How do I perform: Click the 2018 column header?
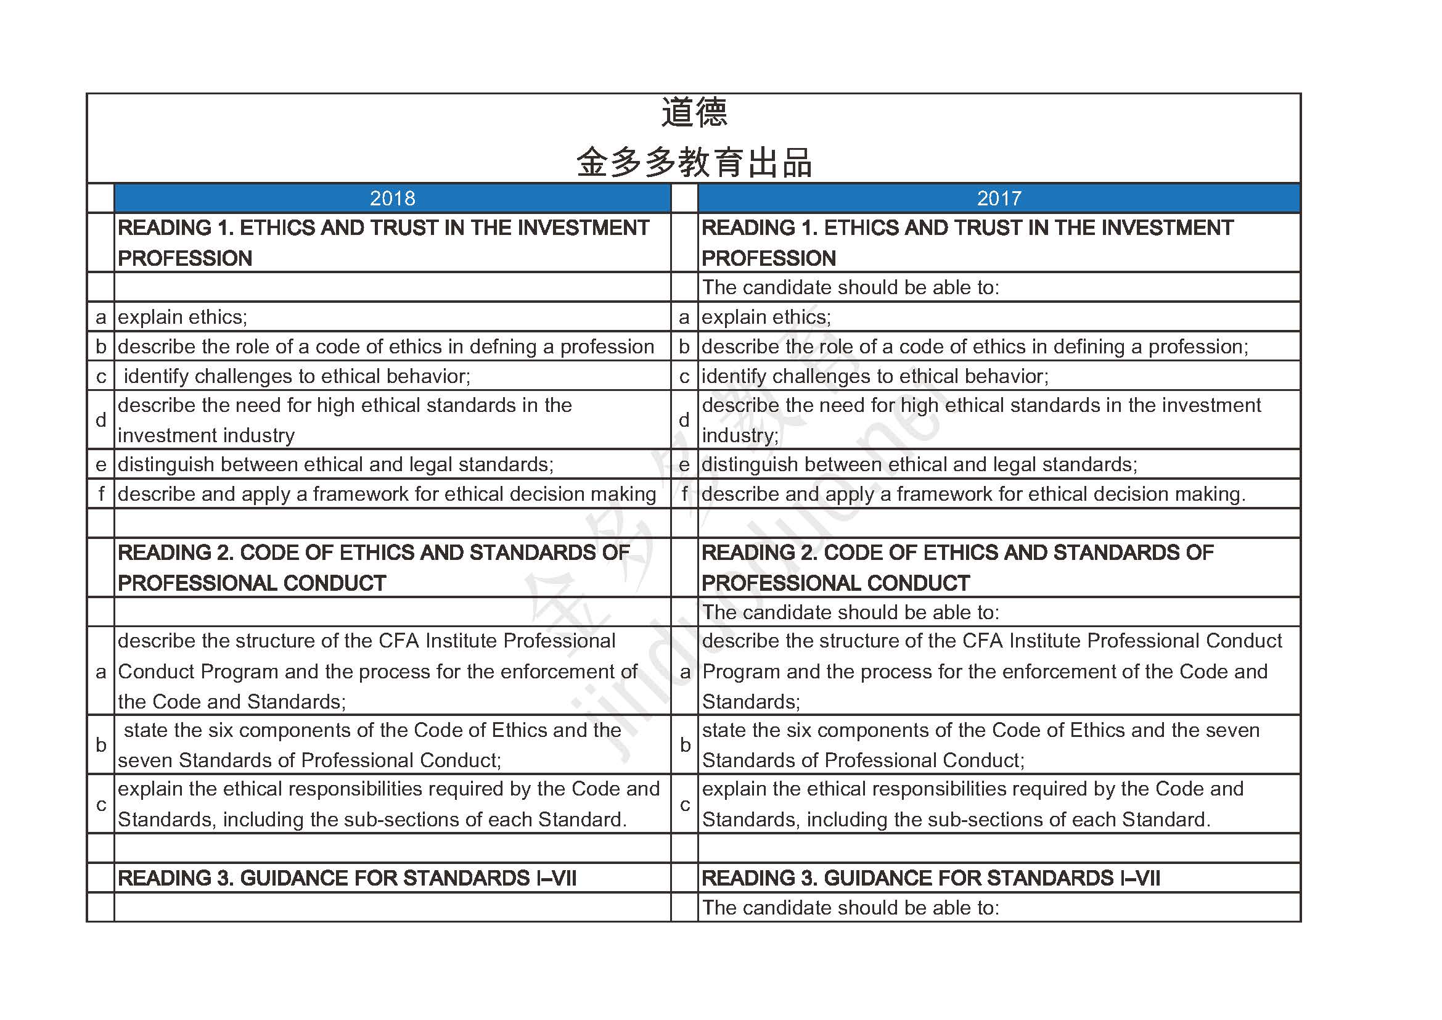click(x=393, y=199)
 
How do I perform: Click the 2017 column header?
click(x=999, y=199)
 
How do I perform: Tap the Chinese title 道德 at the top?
click(x=694, y=113)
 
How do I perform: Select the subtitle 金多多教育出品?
click(x=694, y=163)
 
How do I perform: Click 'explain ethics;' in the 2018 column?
click(x=182, y=317)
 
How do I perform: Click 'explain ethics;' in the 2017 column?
click(x=766, y=317)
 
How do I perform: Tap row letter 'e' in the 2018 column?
click(x=100, y=465)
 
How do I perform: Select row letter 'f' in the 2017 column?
click(x=684, y=495)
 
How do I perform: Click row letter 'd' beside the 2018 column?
click(x=100, y=420)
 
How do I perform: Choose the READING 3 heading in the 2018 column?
click(x=346, y=878)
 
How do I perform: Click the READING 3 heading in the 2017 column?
click(x=930, y=878)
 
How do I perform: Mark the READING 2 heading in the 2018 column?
click(x=373, y=567)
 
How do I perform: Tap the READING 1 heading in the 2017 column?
click(x=967, y=242)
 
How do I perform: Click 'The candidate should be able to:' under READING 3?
click(x=850, y=908)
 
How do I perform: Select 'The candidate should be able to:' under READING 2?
click(x=850, y=612)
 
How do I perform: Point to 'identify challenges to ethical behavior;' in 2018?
click(x=297, y=376)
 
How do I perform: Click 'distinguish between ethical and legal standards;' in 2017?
click(x=919, y=465)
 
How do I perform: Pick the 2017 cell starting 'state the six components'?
click(x=981, y=745)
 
